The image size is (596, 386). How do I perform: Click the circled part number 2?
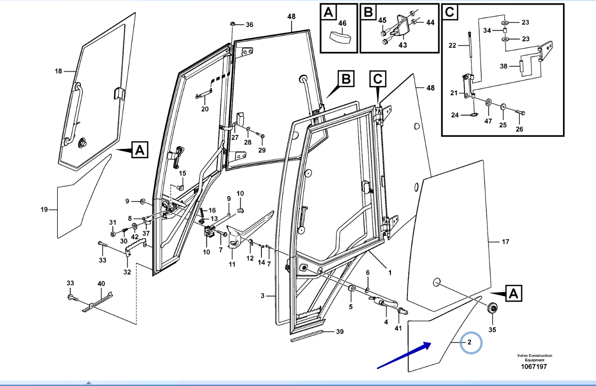point(470,342)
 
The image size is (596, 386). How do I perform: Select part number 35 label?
point(492,330)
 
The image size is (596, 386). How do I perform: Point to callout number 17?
point(505,242)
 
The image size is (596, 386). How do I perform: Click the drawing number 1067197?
point(535,367)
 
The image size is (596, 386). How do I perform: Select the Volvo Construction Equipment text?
point(535,358)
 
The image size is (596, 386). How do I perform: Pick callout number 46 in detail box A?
point(342,23)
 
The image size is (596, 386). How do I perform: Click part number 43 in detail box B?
point(402,45)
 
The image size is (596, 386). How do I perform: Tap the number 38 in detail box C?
point(504,66)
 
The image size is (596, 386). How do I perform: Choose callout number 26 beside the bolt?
point(519,129)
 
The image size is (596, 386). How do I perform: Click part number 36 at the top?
point(249,24)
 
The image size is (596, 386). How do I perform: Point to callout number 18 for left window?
point(58,71)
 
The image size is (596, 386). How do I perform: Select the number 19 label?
point(44,209)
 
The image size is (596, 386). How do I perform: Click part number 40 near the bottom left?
point(101,284)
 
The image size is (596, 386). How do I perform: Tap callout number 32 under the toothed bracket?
point(127,272)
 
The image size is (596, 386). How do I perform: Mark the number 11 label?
point(232,264)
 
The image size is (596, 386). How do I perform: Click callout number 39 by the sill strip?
point(340,332)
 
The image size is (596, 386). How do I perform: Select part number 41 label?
point(398,328)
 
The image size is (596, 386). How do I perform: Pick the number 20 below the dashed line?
point(205,109)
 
